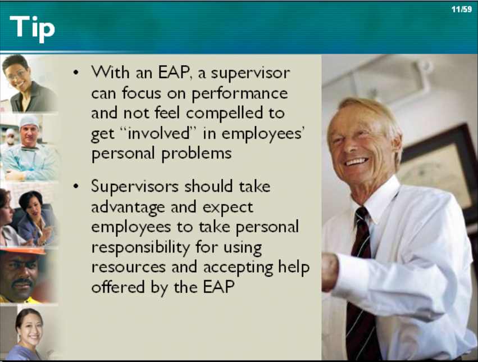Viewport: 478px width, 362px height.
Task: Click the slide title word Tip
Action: tap(33, 28)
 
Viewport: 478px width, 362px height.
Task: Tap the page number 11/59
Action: tap(462, 10)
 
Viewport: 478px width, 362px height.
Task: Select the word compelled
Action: tap(224, 113)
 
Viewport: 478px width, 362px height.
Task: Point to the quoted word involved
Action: tap(158, 133)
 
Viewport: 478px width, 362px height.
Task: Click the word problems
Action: tap(197, 153)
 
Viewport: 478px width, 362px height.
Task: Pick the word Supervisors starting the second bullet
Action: tap(135, 186)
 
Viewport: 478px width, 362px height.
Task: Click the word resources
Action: tap(128, 268)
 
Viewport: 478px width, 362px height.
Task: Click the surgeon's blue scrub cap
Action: tap(29, 121)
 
